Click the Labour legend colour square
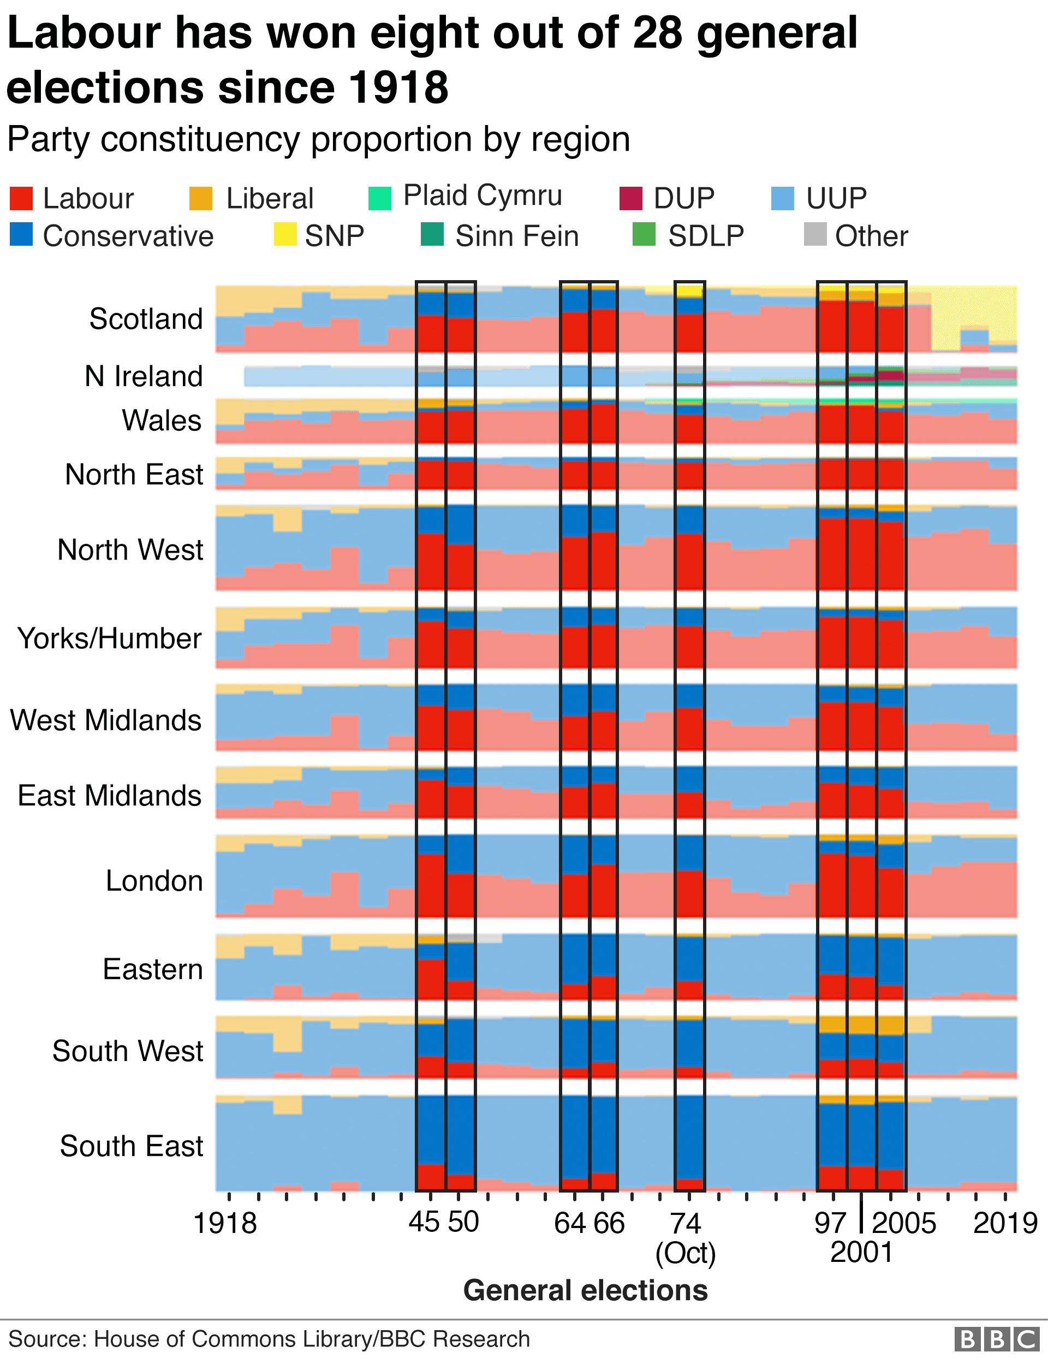21,198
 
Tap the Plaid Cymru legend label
483,195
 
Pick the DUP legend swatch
631,198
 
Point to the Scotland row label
146,319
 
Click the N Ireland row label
144,376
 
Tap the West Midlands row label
106,720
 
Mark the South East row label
131,1146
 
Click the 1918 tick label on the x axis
225,1223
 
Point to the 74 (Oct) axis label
686,1237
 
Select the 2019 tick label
1005,1223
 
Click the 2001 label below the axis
861,1252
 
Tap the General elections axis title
585,1290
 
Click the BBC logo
996,1339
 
